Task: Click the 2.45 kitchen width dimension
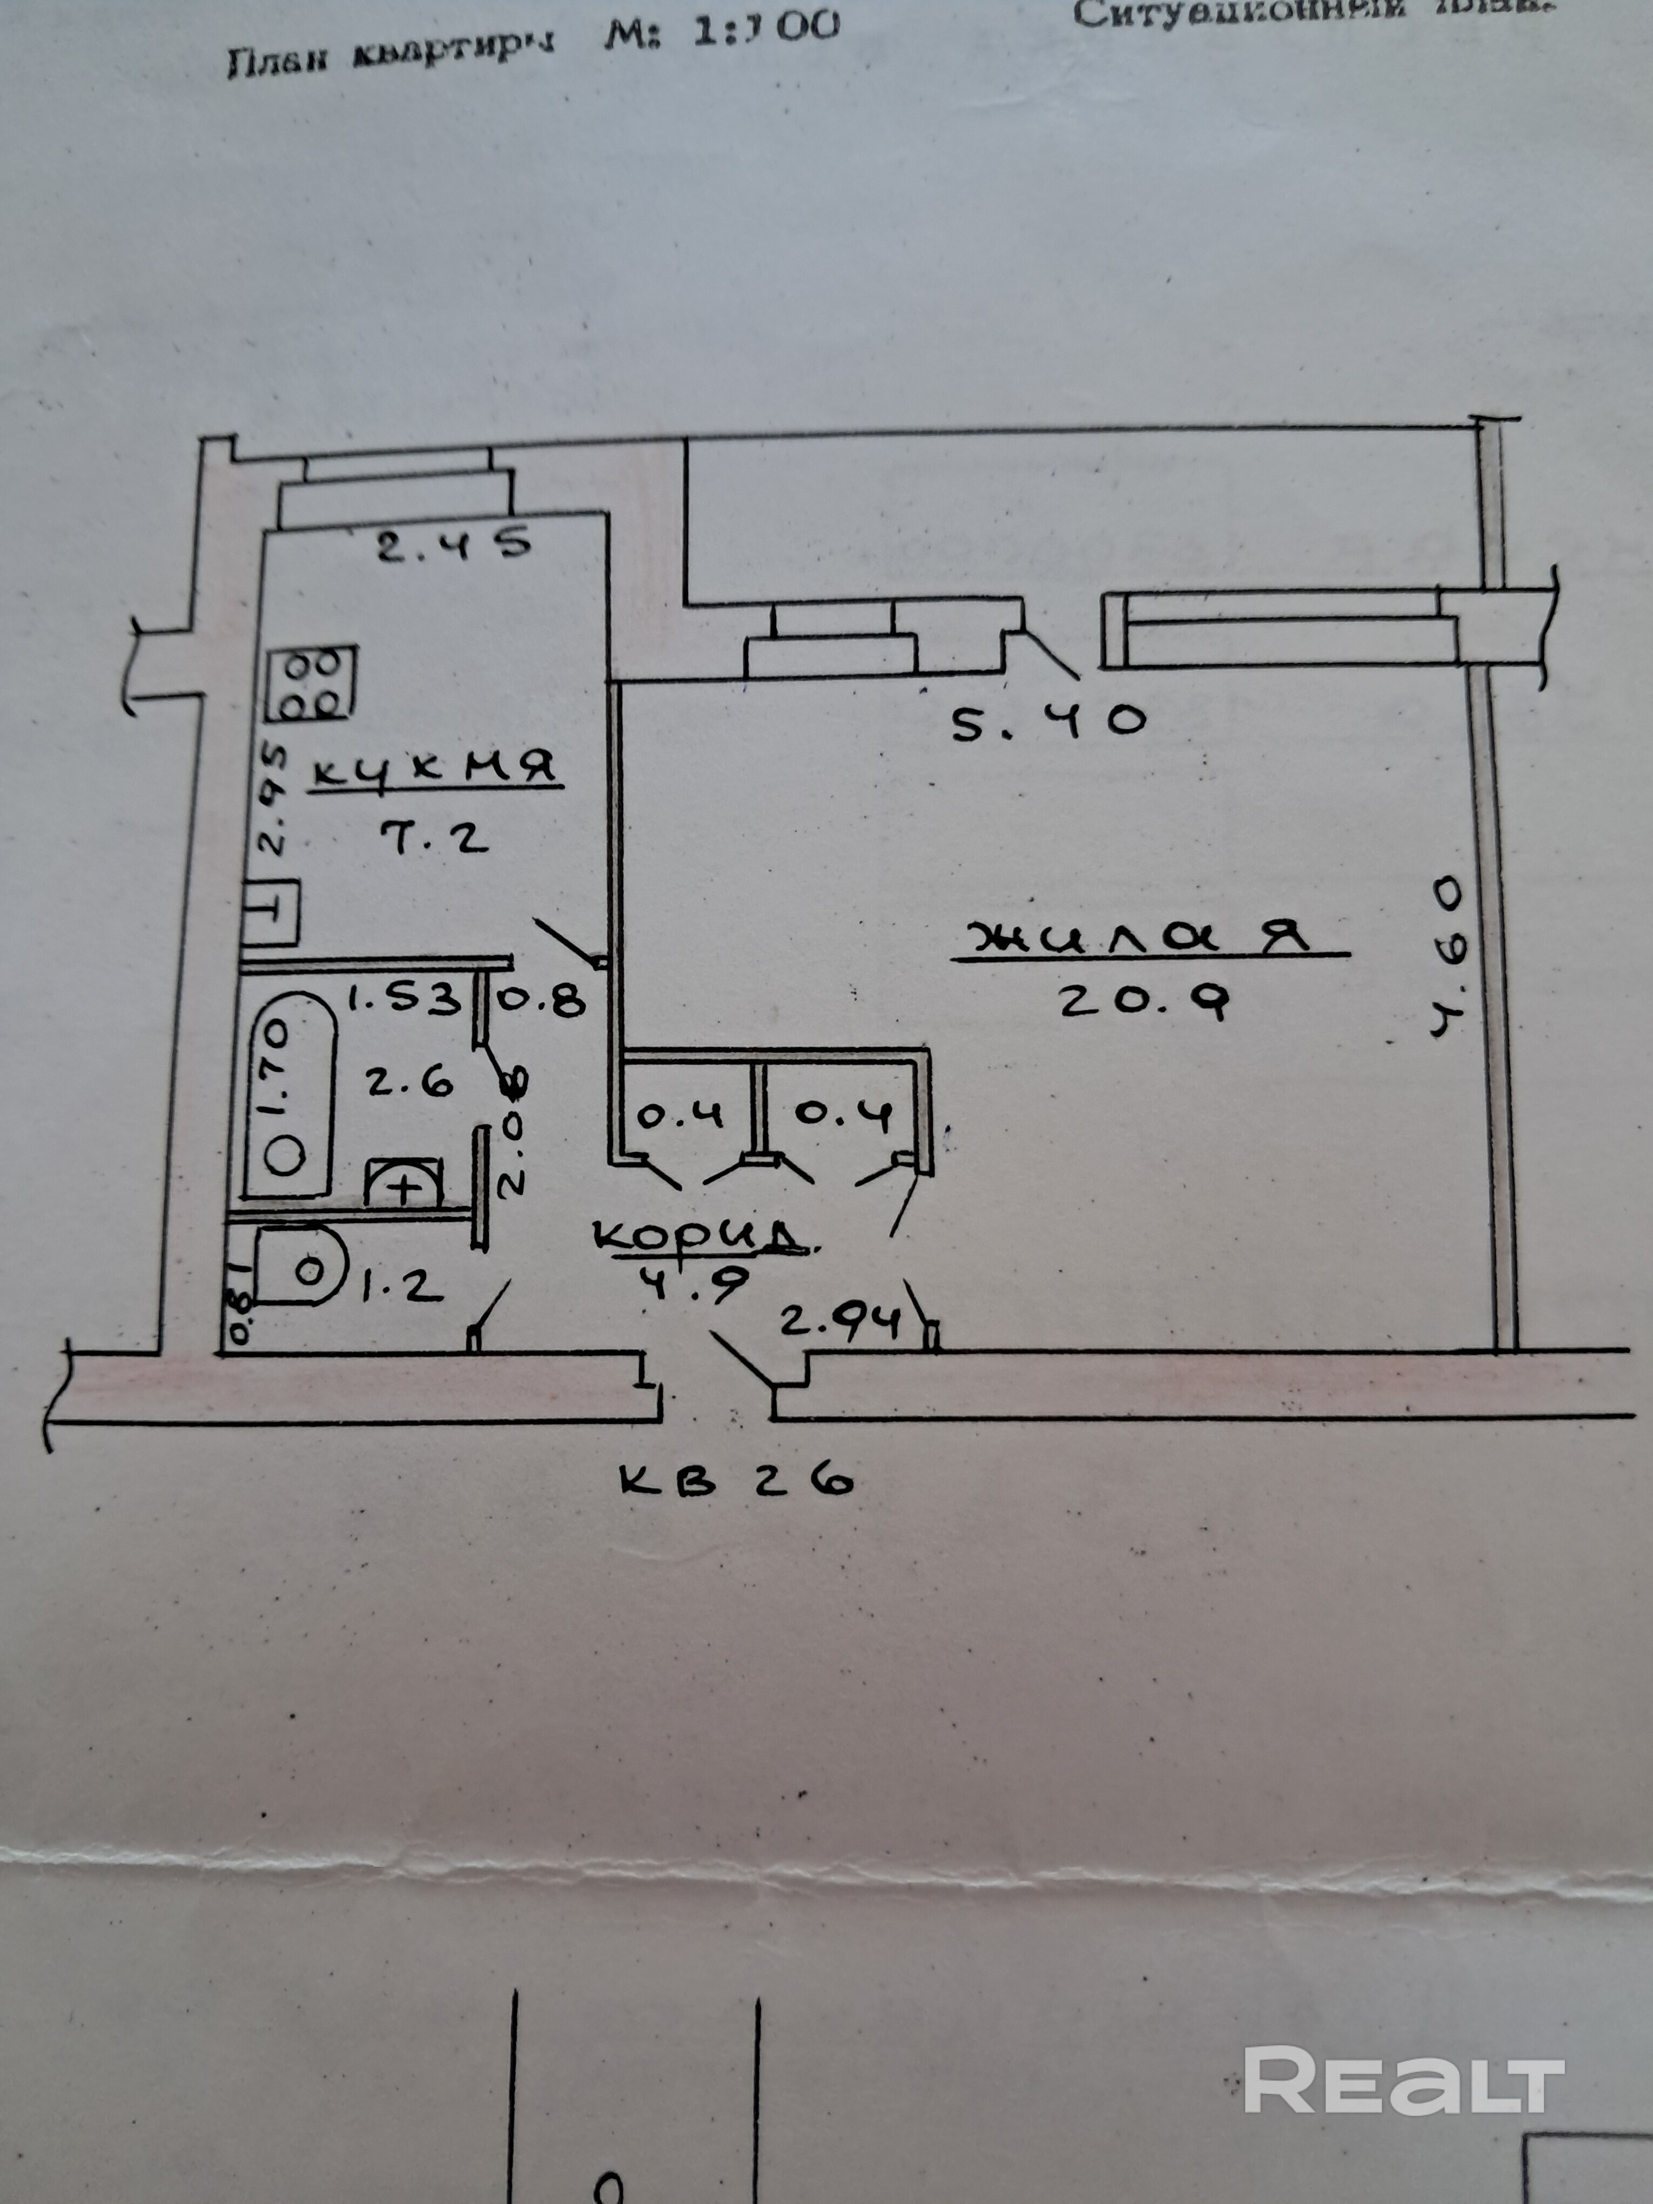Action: (x=452, y=544)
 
